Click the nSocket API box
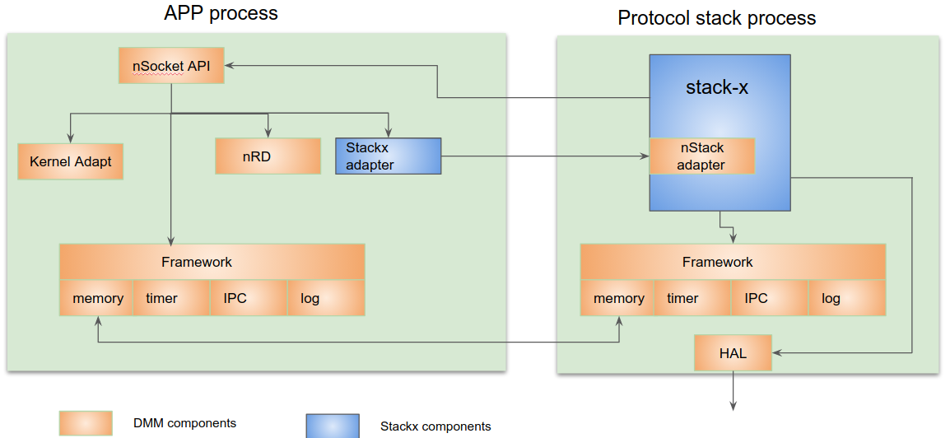pyautogui.click(x=171, y=65)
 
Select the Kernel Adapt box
pyautogui.click(x=70, y=161)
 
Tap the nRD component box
pyautogui.click(x=268, y=156)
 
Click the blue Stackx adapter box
pyautogui.click(x=389, y=156)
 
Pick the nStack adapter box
pyautogui.click(x=702, y=156)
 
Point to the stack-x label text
pyautogui.click(x=717, y=87)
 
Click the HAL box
pyautogui.click(x=733, y=352)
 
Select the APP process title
pyautogui.click(x=221, y=12)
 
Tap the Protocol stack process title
pyautogui.click(x=716, y=18)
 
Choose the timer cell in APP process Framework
pyautogui.click(x=171, y=298)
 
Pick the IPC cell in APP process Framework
pyautogui.click(x=249, y=298)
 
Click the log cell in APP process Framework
pyautogui.click(x=326, y=298)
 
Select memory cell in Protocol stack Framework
pyautogui.click(x=617, y=298)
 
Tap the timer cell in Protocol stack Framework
pyautogui.click(x=692, y=298)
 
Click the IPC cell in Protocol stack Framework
pyautogui.click(x=770, y=298)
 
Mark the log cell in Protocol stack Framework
pyautogui.click(x=847, y=298)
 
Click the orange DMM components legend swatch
pyautogui.click(x=86, y=423)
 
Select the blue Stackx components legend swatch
pyautogui.click(x=333, y=426)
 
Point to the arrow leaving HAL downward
pyautogui.click(x=733, y=391)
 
